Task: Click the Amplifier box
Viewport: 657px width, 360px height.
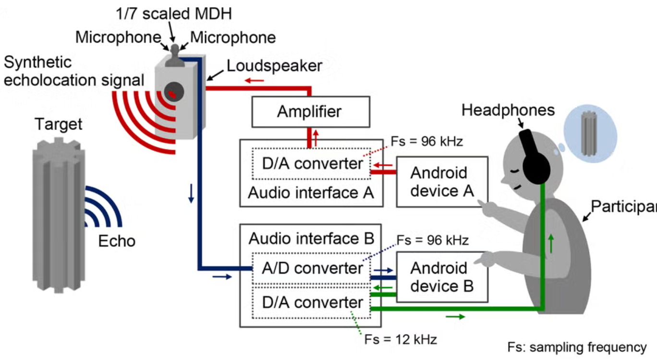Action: pos(310,112)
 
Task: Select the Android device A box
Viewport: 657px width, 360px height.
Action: pos(442,181)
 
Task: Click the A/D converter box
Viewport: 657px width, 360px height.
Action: pos(311,268)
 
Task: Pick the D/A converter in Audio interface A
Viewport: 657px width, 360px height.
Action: pos(311,164)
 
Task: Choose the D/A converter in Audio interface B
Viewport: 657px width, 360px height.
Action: pos(311,302)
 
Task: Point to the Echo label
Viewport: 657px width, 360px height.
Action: pos(117,240)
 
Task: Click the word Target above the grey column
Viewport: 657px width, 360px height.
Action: pos(59,125)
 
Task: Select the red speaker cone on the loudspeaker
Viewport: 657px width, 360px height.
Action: pos(172,94)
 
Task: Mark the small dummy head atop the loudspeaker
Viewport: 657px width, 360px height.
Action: pos(174,55)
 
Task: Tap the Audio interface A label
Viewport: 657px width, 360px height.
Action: pos(311,193)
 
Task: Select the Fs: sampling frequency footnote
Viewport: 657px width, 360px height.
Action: pos(577,347)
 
